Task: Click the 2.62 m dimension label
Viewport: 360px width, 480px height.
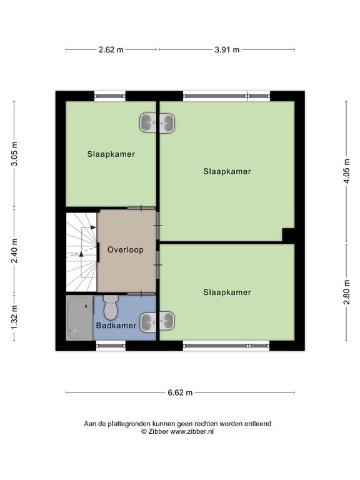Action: tap(111, 49)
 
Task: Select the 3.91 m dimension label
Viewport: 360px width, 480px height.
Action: tap(227, 49)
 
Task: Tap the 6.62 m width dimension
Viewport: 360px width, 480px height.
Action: tap(180, 392)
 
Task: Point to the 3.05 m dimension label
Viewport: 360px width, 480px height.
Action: tap(14, 154)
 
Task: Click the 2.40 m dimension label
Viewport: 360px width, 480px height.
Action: tap(14, 251)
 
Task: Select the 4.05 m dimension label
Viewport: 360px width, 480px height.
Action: tap(346, 171)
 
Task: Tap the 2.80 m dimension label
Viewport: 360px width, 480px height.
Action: tap(346, 292)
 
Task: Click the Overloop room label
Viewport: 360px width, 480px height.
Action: tap(125, 250)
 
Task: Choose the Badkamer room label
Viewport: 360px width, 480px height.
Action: tap(116, 326)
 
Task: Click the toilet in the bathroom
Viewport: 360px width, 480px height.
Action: tap(111, 307)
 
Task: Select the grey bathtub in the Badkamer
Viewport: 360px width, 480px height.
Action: tap(79, 317)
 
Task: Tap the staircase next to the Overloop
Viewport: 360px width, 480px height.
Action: tap(82, 252)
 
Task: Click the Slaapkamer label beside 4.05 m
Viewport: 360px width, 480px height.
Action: tap(227, 171)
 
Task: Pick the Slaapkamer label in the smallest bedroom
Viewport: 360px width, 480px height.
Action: tap(111, 154)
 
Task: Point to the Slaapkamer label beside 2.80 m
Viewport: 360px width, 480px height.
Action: tap(227, 292)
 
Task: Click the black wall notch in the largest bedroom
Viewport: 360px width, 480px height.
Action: tap(288, 235)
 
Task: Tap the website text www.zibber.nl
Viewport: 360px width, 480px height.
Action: tap(192, 432)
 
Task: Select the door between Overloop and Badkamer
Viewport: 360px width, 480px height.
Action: tap(141, 294)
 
